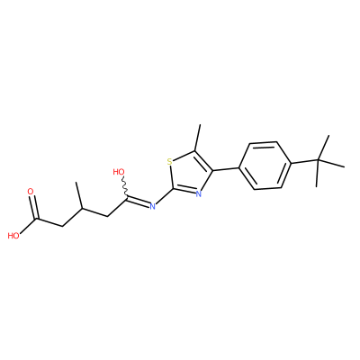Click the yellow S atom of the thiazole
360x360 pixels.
click(x=170, y=162)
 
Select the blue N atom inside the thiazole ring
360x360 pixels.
click(x=198, y=193)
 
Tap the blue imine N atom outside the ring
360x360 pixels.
click(x=152, y=206)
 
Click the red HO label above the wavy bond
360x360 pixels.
click(x=119, y=172)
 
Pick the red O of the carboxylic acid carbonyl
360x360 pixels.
click(x=31, y=192)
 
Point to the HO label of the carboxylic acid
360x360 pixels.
click(x=13, y=236)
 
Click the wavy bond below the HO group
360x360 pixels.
click(x=125, y=187)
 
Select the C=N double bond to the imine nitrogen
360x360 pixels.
click(x=139, y=202)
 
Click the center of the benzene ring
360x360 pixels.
click(x=265, y=166)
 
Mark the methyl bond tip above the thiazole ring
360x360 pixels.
click(x=200, y=125)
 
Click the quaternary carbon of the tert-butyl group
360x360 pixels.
click(x=319, y=161)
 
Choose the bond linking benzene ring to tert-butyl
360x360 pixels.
click(x=305, y=162)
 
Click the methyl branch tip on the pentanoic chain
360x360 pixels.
click(x=77, y=182)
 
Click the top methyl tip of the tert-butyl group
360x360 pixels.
click(x=328, y=136)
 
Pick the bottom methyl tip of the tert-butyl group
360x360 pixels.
click(x=317, y=186)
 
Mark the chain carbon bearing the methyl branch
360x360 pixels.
click(x=81, y=208)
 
